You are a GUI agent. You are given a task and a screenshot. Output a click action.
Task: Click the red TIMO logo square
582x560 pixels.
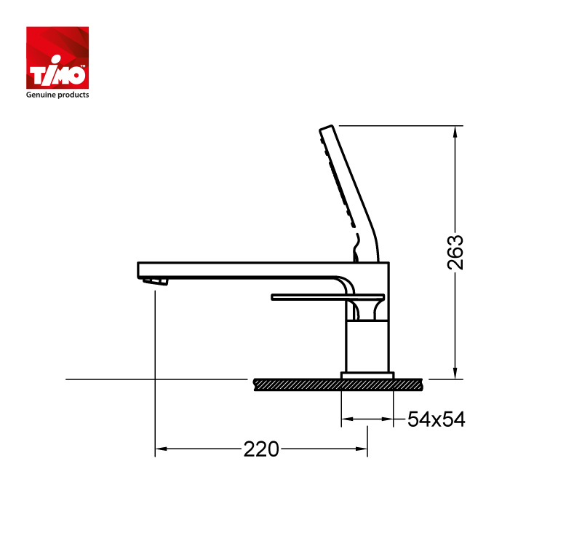[57, 58]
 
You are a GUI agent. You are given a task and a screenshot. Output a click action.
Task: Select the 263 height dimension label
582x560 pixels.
[455, 252]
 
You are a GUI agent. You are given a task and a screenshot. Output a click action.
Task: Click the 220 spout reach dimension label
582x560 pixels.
[261, 449]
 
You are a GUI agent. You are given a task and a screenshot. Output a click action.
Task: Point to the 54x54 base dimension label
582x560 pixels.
[436, 419]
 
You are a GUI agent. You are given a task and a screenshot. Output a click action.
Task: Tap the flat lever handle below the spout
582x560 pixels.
[328, 297]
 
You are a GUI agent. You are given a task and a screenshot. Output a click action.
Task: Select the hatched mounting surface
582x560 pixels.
[338, 384]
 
